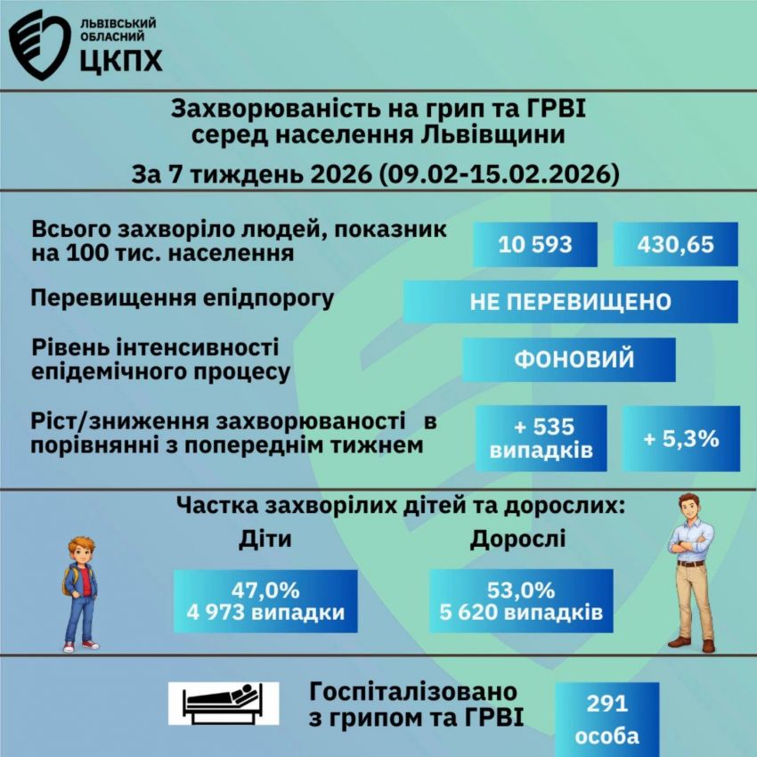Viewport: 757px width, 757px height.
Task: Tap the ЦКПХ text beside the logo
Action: click(x=119, y=60)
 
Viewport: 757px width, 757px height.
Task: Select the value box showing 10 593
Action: click(x=535, y=244)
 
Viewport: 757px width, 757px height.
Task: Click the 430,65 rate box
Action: click(x=676, y=244)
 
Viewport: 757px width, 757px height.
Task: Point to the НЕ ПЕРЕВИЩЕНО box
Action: click(x=570, y=302)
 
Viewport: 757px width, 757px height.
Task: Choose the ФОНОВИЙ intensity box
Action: click(x=569, y=360)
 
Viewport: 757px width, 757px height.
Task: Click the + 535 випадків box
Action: click(x=541, y=438)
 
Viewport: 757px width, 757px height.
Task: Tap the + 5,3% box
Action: click(x=680, y=438)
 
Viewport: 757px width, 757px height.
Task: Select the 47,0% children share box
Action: click(x=265, y=601)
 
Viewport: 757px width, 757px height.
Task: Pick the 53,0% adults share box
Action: click(x=521, y=601)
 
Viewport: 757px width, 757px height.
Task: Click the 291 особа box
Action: click(x=606, y=720)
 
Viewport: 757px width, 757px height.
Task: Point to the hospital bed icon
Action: click(x=224, y=703)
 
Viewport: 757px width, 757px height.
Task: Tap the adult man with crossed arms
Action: click(x=692, y=570)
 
